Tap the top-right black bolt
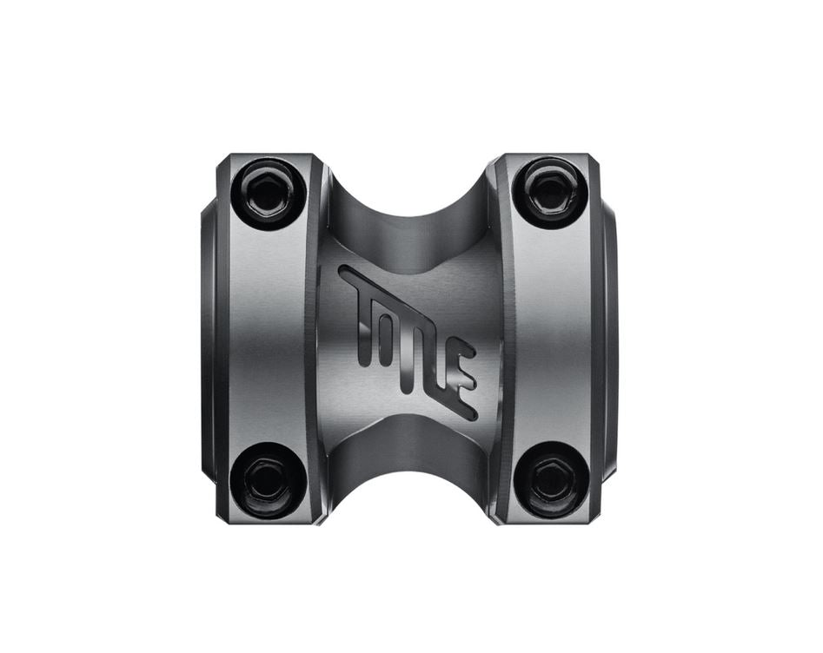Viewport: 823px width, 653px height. click(x=549, y=190)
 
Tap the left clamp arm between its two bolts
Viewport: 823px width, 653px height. click(x=265, y=334)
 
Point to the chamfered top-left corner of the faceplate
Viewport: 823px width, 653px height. click(x=222, y=160)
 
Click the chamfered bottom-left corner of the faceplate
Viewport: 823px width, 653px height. click(x=222, y=514)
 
